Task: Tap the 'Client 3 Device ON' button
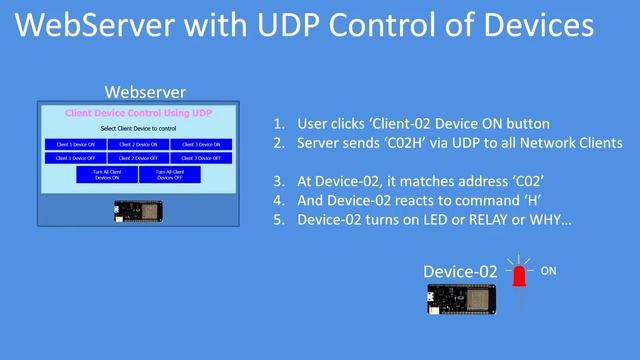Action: coord(201,144)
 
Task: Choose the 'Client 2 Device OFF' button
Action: coord(139,158)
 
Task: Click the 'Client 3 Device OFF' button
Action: coord(201,158)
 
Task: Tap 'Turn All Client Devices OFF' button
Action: coord(170,175)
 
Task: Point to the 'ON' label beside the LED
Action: coord(550,271)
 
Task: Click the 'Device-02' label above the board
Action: coord(460,272)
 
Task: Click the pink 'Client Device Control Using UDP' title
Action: coord(139,113)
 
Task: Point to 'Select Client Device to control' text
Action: coord(139,129)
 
